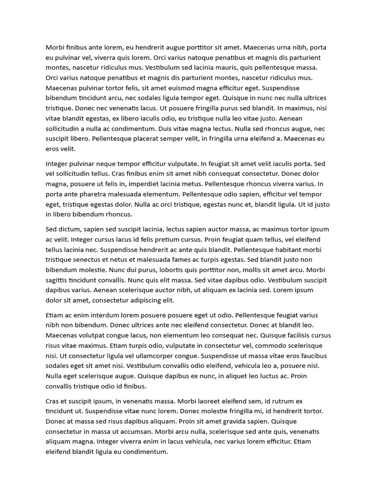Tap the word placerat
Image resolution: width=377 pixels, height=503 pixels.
[152, 139]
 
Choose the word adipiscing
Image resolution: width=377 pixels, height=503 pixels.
[139, 300]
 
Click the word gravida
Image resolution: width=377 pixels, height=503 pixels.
[224, 421]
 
